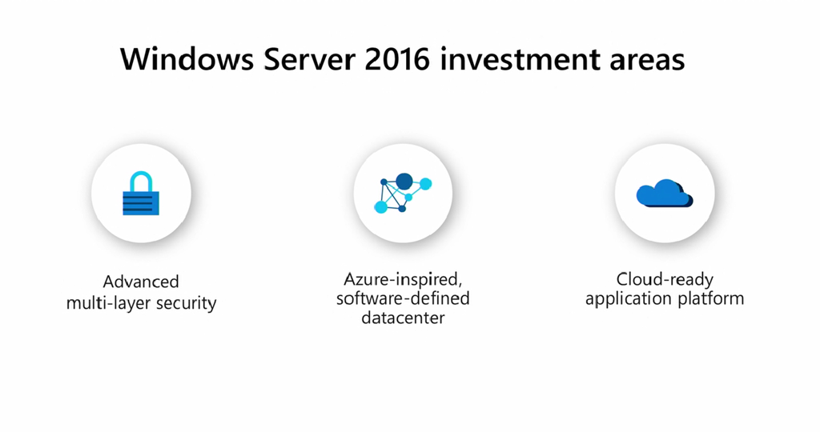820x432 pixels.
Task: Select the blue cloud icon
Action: click(664, 194)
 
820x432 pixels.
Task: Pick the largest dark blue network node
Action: click(404, 182)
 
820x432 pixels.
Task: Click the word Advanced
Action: click(141, 282)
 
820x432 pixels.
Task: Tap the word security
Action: click(184, 303)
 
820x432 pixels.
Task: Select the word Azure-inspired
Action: click(403, 280)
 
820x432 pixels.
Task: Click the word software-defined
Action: click(403, 298)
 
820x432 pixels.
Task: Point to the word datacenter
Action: click(403, 318)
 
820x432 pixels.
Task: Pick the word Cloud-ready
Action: click(665, 280)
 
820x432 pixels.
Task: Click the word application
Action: click(625, 299)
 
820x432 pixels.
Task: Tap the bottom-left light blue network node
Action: click(381, 206)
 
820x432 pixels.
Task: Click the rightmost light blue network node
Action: click(425, 184)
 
